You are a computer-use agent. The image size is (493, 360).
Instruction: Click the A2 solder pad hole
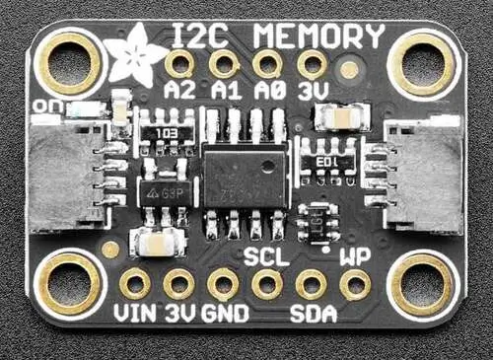tap(179, 65)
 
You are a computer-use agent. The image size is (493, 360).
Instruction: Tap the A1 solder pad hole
tap(224, 65)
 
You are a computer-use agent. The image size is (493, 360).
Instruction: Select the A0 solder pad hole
tap(267, 65)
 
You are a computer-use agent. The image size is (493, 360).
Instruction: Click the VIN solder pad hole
tap(135, 285)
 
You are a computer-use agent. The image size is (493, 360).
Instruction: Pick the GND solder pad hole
tap(223, 285)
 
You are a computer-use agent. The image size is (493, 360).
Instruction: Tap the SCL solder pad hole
tap(267, 285)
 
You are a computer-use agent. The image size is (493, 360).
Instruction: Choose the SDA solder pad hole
tap(312, 285)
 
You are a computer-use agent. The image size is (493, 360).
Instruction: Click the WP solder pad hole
tap(355, 285)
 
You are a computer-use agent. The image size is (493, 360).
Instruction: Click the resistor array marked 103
tap(167, 132)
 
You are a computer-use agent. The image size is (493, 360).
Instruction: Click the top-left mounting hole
tap(69, 61)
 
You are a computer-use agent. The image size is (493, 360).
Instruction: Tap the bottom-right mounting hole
tap(422, 284)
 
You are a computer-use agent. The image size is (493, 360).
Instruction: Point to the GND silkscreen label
tap(224, 315)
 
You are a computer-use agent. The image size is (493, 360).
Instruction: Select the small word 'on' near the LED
tap(44, 105)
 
